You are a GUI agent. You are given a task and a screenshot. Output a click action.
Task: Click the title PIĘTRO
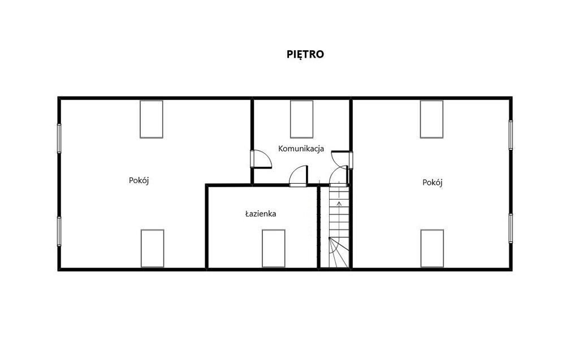click(305, 54)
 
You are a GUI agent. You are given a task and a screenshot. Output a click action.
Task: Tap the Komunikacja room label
click(301, 149)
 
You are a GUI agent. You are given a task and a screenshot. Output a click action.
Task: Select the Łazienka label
click(261, 214)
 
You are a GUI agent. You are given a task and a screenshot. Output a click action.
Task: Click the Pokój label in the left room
click(139, 180)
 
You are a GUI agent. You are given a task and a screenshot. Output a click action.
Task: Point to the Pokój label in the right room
click(433, 183)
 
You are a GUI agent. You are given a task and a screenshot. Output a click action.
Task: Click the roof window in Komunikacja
click(302, 119)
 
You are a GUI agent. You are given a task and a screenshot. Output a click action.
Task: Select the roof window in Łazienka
click(274, 248)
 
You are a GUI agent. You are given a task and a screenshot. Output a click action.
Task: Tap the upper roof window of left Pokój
click(152, 119)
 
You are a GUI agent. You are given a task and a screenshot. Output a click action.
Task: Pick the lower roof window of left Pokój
click(153, 248)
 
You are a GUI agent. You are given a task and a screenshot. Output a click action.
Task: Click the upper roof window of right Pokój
click(431, 119)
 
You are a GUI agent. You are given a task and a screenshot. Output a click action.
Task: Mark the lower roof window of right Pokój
click(432, 248)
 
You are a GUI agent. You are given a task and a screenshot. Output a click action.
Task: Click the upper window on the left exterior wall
click(59, 138)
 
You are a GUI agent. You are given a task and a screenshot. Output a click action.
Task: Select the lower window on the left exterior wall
click(59, 231)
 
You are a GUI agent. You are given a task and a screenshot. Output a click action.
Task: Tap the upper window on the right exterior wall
click(511, 135)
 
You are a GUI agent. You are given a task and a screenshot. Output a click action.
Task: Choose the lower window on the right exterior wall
click(511, 228)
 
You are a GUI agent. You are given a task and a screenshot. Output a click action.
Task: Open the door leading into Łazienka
click(299, 176)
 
